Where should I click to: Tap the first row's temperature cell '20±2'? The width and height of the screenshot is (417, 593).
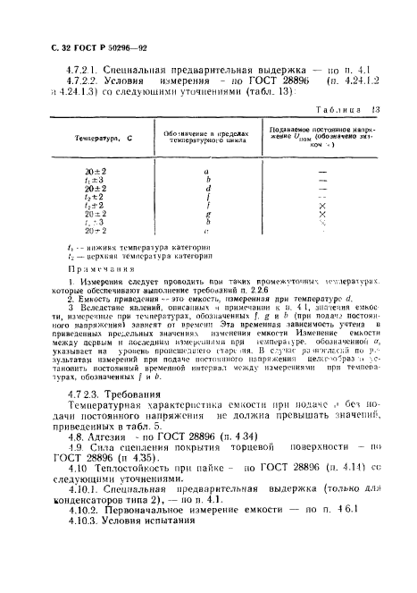96,170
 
